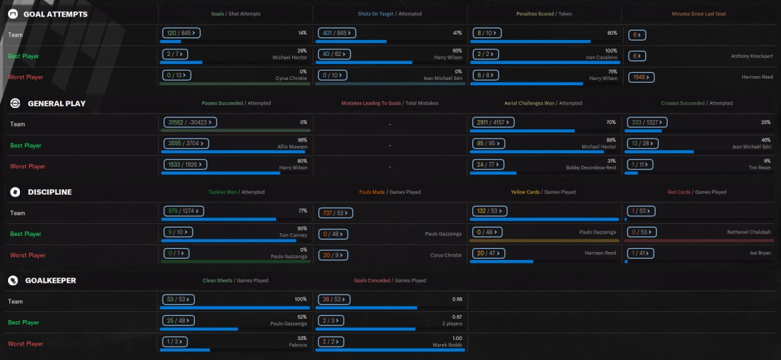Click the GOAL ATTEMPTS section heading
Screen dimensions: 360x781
click(x=55, y=14)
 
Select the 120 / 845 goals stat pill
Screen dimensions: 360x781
click(x=181, y=32)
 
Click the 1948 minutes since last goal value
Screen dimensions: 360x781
click(x=640, y=77)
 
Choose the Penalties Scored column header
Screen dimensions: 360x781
click(x=535, y=14)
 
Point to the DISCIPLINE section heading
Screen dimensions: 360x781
click(x=49, y=192)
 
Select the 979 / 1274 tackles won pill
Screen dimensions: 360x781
click(x=183, y=211)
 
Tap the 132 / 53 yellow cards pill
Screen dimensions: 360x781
click(x=488, y=211)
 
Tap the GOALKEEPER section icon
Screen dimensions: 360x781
click(x=13, y=281)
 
